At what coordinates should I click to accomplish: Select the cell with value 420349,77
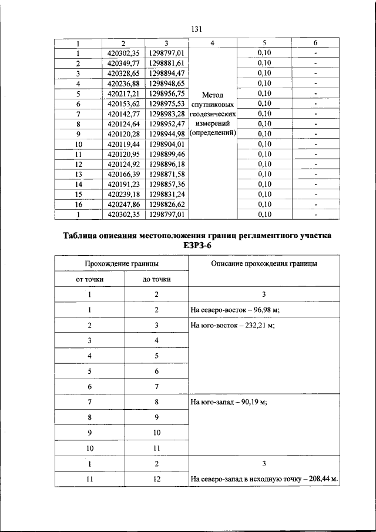point(123,63)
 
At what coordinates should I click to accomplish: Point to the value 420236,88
point(123,83)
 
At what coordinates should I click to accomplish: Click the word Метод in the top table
point(212,94)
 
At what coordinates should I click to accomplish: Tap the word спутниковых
point(212,103)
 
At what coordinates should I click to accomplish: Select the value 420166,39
point(123,174)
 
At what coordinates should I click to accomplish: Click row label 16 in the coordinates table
point(78,204)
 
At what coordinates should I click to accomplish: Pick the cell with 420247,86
point(123,204)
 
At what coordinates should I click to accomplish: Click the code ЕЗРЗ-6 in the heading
point(197,246)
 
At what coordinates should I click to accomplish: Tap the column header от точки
point(90,279)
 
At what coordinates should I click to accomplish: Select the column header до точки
point(157,279)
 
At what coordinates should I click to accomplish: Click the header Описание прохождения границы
point(264,264)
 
